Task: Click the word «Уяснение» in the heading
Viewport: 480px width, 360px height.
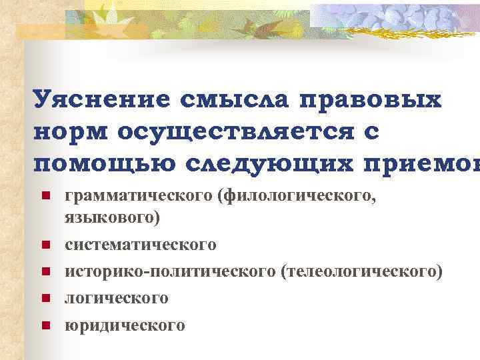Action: coord(99,101)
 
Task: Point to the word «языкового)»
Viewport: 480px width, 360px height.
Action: coord(112,218)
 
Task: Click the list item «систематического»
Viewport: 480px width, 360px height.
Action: coord(140,245)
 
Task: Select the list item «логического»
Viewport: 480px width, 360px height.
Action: coord(116,299)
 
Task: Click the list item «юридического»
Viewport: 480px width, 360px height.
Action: coord(125,325)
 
